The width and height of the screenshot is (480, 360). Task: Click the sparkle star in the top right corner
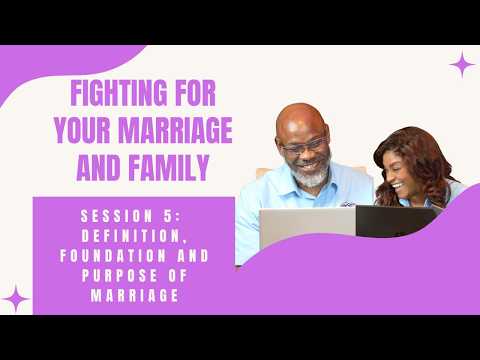click(462, 66)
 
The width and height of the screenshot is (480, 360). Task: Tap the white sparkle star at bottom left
click(17, 297)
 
